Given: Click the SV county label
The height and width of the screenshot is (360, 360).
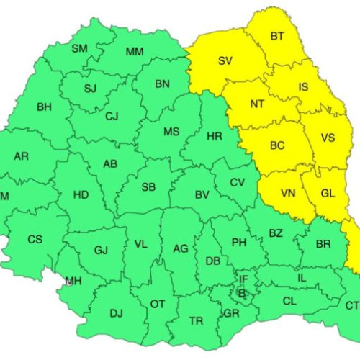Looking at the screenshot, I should pyautogui.click(x=225, y=60).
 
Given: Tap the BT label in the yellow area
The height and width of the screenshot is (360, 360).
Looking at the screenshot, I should pyautogui.click(x=277, y=36).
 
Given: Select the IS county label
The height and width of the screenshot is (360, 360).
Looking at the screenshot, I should pyautogui.click(x=303, y=87).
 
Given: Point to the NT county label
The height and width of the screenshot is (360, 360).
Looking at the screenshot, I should pyautogui.click(x=257, y=104).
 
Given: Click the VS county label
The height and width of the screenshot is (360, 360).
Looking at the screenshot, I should pyautogui.click(x=328, y=138).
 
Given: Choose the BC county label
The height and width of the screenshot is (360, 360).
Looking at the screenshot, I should pyautogui.click(x=277, y=145).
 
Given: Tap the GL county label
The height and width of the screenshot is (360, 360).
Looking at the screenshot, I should pyautogui.click(x=328, y=193).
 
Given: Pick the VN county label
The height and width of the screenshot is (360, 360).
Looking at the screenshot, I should pyautogui.click(x=287, y=193).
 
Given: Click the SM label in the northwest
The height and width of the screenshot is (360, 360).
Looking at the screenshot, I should pyautogui.click(x=79, y=48).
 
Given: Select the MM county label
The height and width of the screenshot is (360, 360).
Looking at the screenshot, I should pyautogui.click(x=134, y=51).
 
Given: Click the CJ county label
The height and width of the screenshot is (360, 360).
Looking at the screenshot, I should pyautogui.click(x=112, y=116).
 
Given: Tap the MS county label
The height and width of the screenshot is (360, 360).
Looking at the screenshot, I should pyautogui.click(x=171, y=131).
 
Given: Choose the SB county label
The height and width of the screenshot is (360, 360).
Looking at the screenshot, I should pyautogui.click(x=148, y=186).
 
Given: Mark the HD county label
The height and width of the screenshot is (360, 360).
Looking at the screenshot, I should pyautogui.click(x=81, y=194).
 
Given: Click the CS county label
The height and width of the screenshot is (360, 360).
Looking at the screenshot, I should pyautogui.click(x=35, y=239).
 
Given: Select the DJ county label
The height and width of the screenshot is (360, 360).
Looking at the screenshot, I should pyautogui.click(x=116, y=312).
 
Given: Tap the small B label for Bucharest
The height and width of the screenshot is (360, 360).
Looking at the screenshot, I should pyautogui.click(x=241, y=293).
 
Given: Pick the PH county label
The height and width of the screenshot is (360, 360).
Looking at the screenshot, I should pyautogui.click(x=239, y=243).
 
